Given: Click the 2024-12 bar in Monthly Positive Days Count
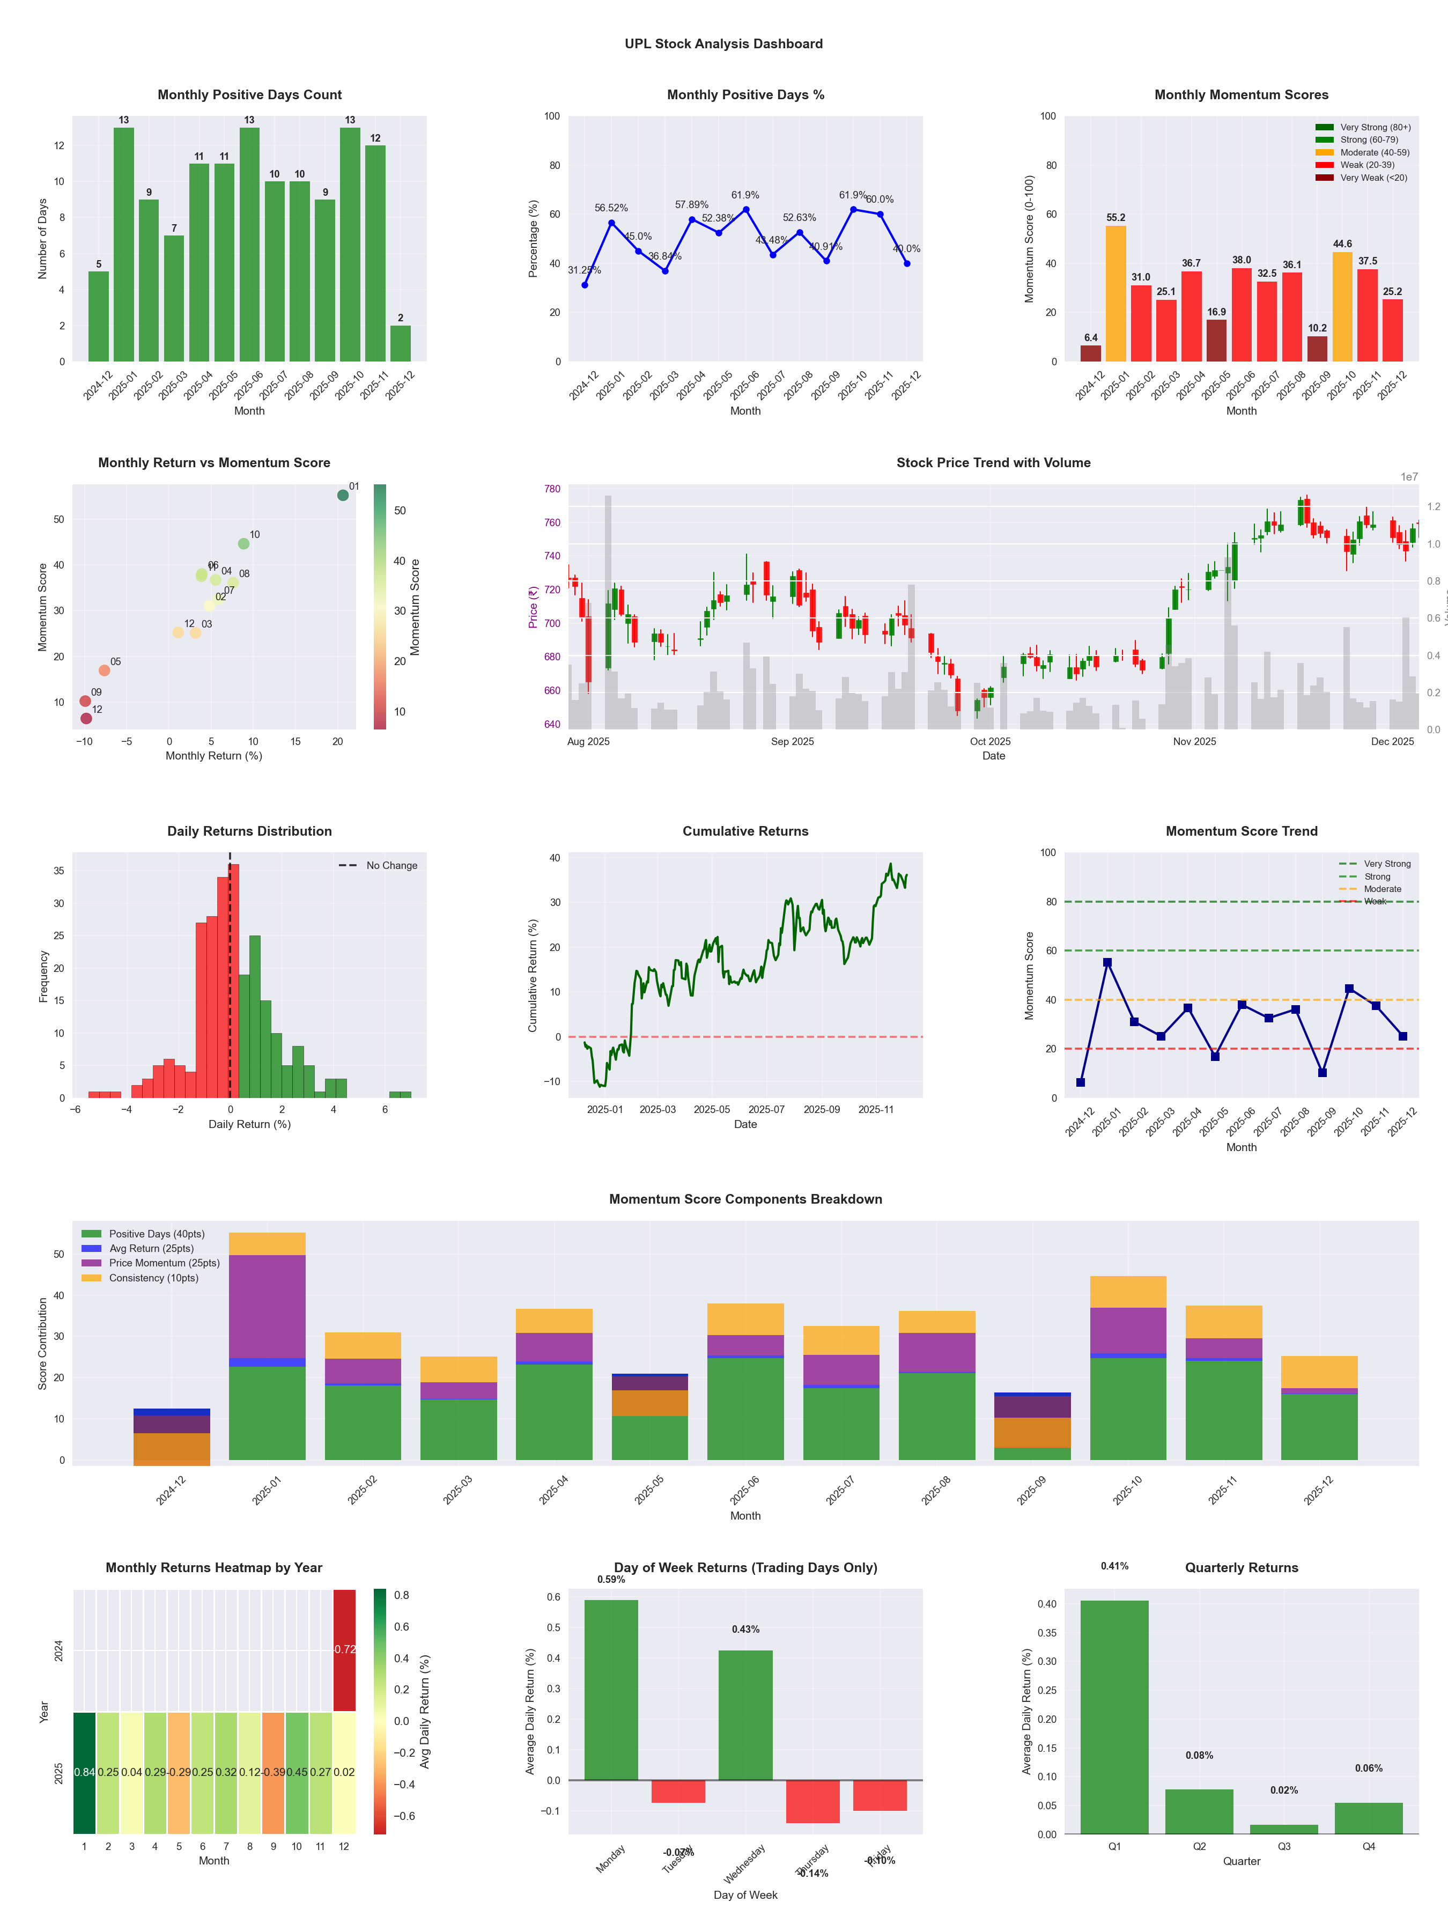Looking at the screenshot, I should [x=99, y=316].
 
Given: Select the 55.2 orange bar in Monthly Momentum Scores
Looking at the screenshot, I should [x=1115, y=293].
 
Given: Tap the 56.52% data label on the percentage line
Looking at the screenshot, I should [x=611, y=208].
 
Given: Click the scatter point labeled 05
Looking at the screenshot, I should [x=104, y=670].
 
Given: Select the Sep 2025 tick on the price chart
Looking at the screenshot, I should [x=792, y=741].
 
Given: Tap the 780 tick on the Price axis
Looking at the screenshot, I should [x=552, y=489].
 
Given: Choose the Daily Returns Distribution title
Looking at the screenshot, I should [x=249, y=831].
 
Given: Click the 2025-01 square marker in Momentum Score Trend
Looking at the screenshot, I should [x=1107, y=962].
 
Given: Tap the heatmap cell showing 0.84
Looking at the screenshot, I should [x=84, y=1772].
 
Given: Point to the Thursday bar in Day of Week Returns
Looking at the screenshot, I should [x=812, y=1801].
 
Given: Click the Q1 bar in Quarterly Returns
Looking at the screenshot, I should [x=1114, y=1716].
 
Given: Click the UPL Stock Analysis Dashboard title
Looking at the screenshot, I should [x=723, y=43].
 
